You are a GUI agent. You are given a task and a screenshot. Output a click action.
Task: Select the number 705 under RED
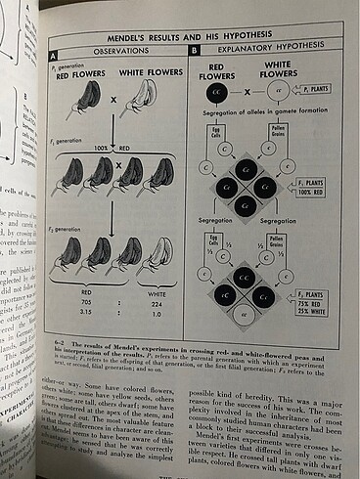coord(87,300)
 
